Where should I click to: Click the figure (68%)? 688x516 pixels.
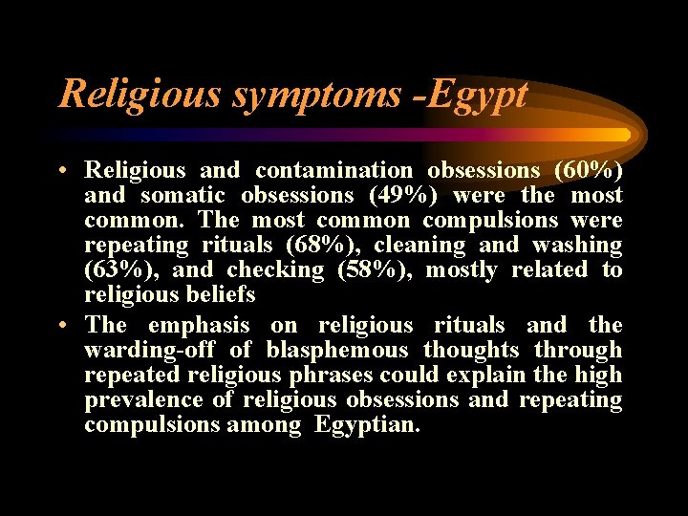(324, 246)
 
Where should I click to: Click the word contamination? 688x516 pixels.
(333, 171)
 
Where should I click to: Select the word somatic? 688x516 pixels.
(185, 196)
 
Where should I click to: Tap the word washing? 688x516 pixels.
(578, 246)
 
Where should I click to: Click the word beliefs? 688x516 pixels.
(221, 295)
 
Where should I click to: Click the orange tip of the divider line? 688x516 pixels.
(623, 135)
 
